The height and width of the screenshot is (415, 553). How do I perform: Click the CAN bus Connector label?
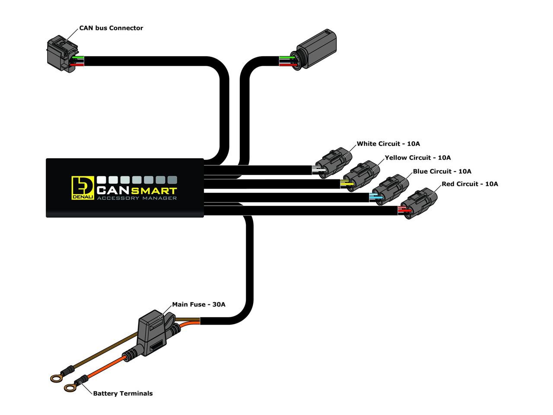tap(111, 28)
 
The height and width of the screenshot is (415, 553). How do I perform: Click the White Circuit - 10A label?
tap(388, 144)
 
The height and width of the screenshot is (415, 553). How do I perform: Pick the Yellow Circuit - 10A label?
tap(417, 158)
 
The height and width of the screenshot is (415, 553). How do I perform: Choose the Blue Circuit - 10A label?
tap(442, 171)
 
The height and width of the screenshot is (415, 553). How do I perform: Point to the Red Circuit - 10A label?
tap(470, 184)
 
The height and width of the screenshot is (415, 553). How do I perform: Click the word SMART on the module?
tap(154, 191)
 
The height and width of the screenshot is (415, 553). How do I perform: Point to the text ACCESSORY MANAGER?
tap(137, 198)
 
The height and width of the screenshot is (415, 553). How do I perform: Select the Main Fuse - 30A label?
tap(199, 304)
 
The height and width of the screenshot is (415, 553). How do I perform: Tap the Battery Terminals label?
tap(123, 393)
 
